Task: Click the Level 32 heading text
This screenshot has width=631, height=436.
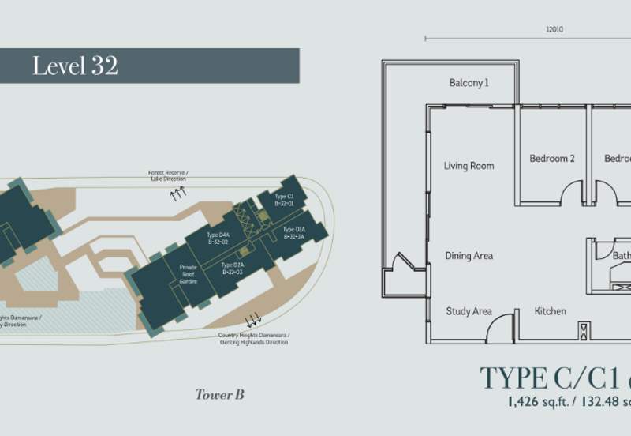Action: (x=75, y=66)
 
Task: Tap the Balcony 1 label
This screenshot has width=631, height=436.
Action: (x=469, y=83)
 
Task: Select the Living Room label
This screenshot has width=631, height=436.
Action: (x=469, y=166)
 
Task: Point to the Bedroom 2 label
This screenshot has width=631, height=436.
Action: (x=552, y=159)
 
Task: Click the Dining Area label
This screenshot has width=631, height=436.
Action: (x=469, y=256)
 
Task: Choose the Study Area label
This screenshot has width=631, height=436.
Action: (x=469, y=311)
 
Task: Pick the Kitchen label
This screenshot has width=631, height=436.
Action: (x=550, y=311)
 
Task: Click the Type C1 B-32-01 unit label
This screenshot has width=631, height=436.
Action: (x=284, y=199)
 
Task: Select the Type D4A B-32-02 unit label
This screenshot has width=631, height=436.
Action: (x=218, y=239)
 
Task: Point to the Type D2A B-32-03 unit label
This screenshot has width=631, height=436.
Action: (x=233, y=269)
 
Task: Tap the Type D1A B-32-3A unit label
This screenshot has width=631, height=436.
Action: (x=294, y=232)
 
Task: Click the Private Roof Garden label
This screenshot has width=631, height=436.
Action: (x=188, y=274)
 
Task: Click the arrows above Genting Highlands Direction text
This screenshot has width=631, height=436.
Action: (x=254, y=321)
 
